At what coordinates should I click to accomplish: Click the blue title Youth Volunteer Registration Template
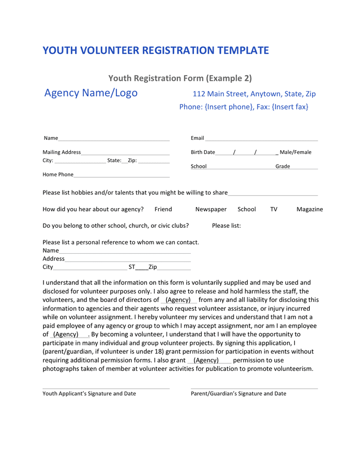[156, 50]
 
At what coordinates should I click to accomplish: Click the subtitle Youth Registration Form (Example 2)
[180, 78]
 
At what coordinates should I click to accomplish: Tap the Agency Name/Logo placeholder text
[91, 93]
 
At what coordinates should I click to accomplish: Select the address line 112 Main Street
[254, 94]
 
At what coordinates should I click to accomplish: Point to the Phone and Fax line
[244, 107]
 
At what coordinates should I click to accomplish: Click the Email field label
[197, 138]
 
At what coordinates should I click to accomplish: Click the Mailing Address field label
[62, 152]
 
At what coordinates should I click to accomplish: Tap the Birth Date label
[203, 152]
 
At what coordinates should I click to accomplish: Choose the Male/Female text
[295, 152]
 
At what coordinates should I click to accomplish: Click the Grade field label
[282, 166]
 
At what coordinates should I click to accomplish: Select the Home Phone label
[58, 174]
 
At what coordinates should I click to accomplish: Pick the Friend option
[163, 209]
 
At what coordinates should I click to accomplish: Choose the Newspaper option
[211, 209]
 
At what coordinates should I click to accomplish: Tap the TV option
[274, 209]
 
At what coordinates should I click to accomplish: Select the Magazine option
[309, 209]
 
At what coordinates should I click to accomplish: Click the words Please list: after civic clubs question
[226, 226]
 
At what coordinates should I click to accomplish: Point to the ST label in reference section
[132, 267]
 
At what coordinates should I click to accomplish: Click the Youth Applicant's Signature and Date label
[89, 394]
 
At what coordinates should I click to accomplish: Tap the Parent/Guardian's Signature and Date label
[238, 394]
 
